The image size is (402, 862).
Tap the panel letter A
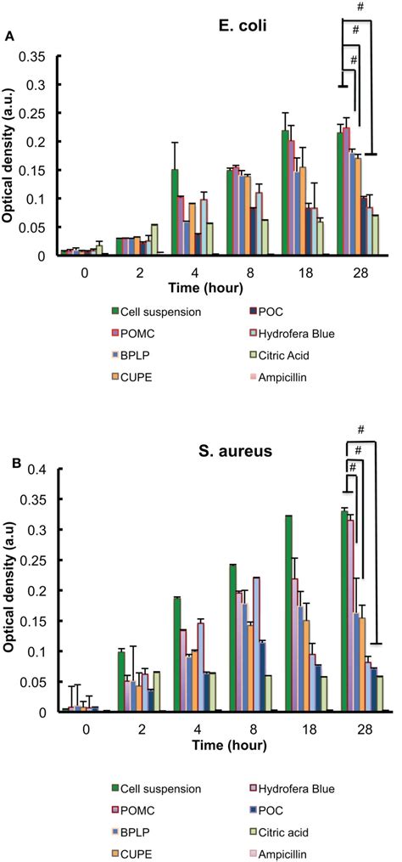pyautogui.click(x=9, y=36)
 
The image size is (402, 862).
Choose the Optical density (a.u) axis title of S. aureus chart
pyautogui.click(x=15, y=586)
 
